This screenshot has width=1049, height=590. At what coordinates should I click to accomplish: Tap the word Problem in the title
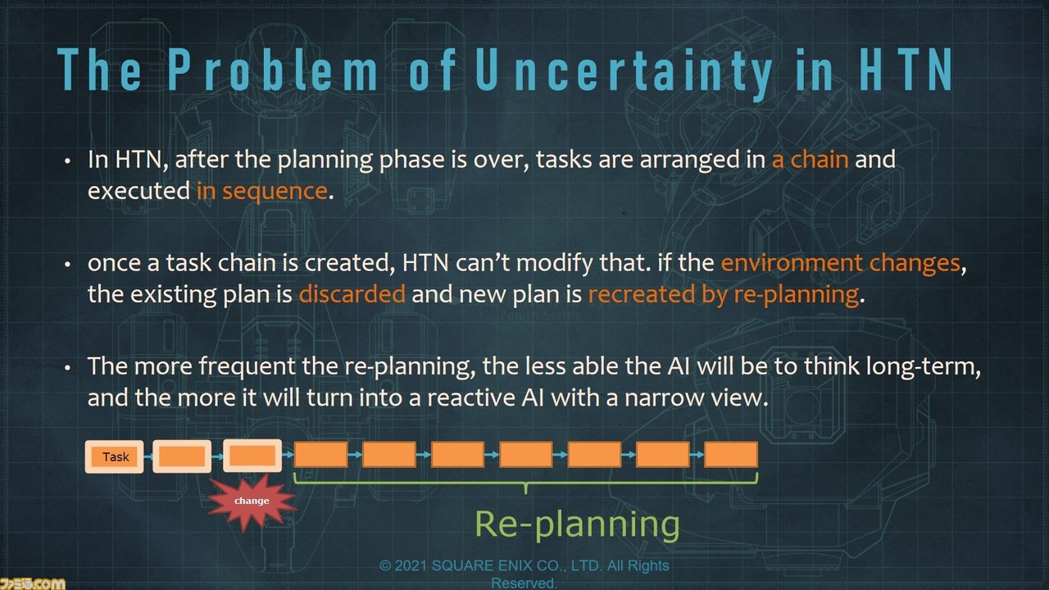point(273,70)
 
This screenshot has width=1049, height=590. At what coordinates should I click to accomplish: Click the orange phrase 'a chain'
point(811,159)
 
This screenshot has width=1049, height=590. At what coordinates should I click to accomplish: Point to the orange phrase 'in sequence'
point(261,191)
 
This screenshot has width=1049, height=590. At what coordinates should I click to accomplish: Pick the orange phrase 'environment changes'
point(841,263)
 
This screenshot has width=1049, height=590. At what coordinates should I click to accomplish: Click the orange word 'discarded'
point(352,294)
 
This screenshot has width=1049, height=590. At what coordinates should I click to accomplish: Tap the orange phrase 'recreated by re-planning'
point(724,295)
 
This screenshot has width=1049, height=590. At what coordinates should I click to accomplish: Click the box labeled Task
point(114,456)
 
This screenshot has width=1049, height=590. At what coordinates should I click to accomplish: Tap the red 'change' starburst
point(252,501)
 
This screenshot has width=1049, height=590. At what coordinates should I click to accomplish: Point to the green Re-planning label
point(578,524)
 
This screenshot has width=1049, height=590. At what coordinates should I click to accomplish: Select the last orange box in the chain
point(731,455)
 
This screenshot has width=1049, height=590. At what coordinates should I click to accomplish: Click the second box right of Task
point(252,456)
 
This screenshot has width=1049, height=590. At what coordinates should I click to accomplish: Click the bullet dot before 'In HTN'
point(68,161)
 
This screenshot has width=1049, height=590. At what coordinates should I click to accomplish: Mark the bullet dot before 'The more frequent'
point(68,368)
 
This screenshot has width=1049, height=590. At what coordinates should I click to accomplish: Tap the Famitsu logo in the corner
point(32,583)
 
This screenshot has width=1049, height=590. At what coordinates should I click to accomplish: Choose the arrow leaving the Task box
point(148,456)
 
